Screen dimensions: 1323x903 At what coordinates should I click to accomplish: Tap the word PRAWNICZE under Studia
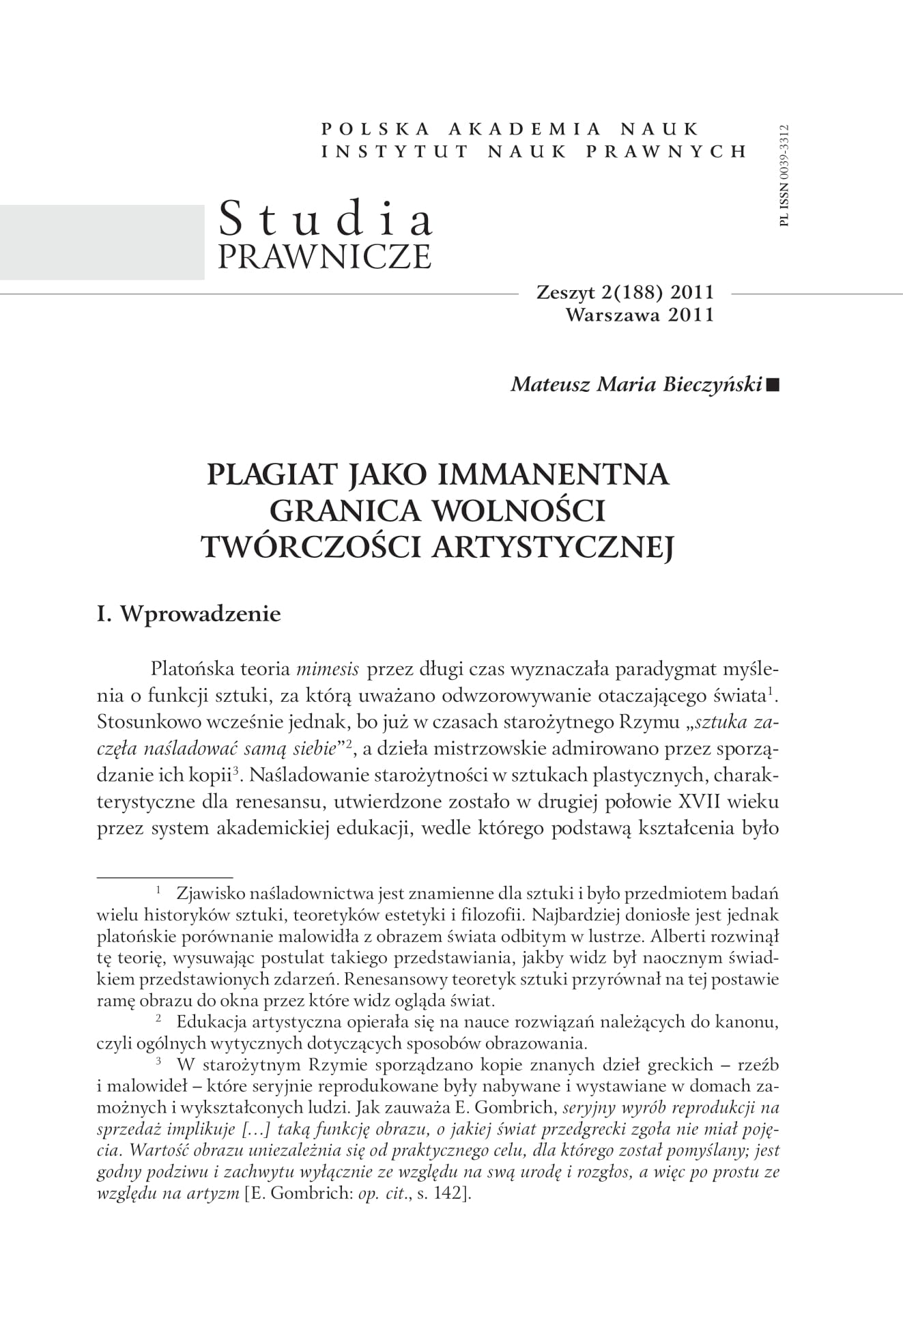tap(324, 256)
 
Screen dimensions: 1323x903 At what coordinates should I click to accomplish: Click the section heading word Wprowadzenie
tap(201, 614)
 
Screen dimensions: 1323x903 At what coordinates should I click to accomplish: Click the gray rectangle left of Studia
tap(102, 242)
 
